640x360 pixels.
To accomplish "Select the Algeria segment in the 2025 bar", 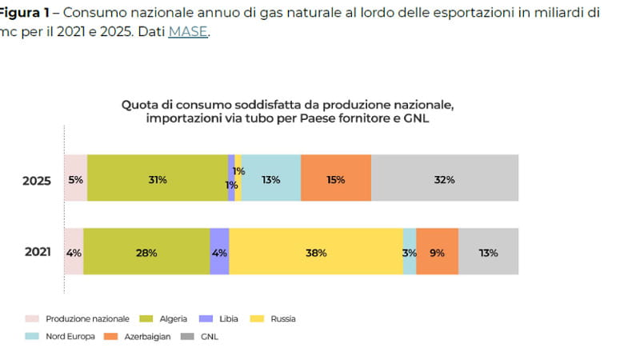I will click(x=158, y=179).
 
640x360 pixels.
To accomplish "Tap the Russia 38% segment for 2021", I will click(x=316, y=253).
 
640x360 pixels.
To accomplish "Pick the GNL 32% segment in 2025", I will click(x=445, y=179).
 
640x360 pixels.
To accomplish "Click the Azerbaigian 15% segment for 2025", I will click(x=336, y=179).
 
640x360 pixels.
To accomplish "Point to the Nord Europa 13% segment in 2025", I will click(x=271, y=179).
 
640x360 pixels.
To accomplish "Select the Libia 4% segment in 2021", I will click(x=219, y=253).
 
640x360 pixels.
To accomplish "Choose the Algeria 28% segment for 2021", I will click(x=146, y=253).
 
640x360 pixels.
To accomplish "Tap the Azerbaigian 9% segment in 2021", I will click(x=438, y=253).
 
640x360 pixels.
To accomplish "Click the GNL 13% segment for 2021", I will click(x=488, y=253).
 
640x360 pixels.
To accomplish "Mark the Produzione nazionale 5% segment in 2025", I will click(x=75, y=179).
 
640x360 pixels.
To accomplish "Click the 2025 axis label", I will click(x=37, y=181).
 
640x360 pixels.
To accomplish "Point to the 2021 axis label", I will click(x=37, y=253).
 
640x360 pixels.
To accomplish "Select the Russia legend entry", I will click(x=277, y=318).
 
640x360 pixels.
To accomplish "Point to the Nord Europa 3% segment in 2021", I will click(x=410, y=253).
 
